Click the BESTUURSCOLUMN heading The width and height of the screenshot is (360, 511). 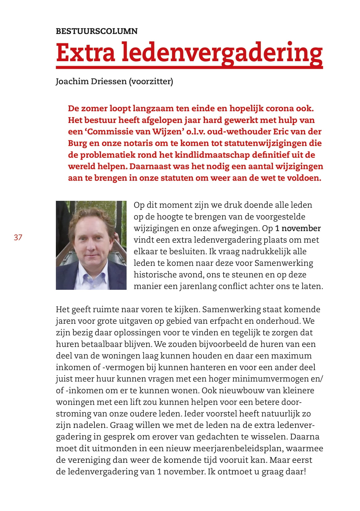97,31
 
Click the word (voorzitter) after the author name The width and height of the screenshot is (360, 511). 151,81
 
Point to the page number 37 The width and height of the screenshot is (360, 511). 18,237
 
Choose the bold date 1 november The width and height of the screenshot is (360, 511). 298,228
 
